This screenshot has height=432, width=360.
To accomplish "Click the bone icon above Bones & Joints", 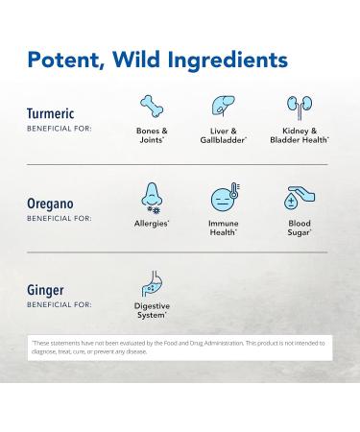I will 152,105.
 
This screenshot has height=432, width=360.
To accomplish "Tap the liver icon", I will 224,105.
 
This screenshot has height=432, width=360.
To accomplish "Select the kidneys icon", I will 298,105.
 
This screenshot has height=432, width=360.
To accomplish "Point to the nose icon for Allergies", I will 152,196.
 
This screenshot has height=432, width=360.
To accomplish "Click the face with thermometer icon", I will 224,198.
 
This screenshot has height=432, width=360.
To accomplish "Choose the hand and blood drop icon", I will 298,198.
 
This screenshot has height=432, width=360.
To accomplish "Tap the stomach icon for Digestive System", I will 152,284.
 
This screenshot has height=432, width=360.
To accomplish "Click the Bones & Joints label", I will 152,133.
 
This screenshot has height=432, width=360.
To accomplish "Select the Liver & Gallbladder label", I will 224,133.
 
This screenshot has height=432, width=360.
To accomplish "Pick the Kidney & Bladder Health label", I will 298,133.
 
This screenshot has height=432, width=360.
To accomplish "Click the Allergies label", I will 152,223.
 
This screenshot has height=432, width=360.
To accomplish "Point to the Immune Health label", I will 224,227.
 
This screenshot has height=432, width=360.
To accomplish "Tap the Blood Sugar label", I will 298,227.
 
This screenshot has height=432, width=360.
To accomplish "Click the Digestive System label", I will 152,311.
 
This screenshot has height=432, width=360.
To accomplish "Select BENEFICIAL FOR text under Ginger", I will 60,305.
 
